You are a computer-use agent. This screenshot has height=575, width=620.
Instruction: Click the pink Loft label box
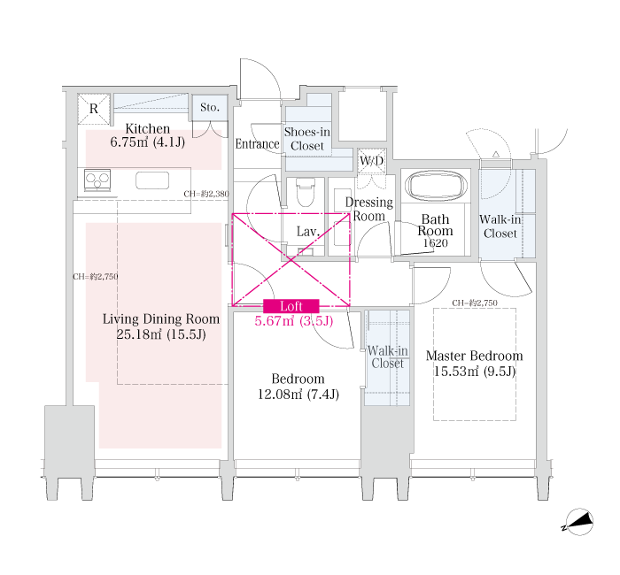291,306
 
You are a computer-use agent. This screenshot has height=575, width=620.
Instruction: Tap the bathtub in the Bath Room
436,186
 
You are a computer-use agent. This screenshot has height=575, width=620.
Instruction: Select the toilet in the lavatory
305,192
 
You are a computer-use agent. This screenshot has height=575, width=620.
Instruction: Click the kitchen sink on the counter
152,180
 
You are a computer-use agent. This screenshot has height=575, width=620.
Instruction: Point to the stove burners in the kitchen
97,180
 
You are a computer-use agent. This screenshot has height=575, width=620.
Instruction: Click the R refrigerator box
94,109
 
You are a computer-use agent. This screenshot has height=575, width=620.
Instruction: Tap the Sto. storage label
210,107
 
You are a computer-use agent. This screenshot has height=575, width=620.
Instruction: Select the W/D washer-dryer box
372,161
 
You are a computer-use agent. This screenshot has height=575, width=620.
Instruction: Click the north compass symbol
578,522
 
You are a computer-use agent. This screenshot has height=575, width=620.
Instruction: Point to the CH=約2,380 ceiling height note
206,194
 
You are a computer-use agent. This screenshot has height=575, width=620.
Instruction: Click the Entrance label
257,143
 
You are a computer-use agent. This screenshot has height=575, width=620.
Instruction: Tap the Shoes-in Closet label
307,139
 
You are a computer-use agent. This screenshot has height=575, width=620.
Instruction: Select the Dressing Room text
369,209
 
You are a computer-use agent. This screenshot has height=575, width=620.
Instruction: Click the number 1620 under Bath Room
436,243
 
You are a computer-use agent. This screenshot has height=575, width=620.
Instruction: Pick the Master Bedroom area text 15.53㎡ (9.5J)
475,372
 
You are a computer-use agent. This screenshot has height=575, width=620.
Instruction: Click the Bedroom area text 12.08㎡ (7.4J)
298,395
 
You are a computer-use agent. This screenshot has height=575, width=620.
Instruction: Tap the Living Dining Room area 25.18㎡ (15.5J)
161,334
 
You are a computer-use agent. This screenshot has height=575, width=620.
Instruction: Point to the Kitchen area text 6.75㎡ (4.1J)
148,142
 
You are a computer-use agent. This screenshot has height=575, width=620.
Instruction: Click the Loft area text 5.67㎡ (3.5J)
294,320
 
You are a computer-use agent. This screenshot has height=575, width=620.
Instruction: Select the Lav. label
308,232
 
